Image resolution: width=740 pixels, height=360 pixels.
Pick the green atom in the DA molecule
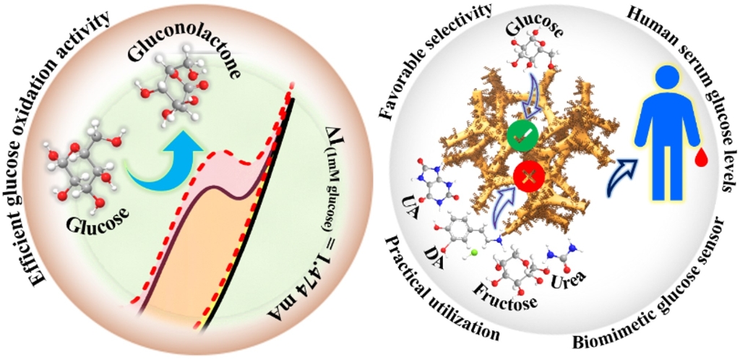coord(473,254)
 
